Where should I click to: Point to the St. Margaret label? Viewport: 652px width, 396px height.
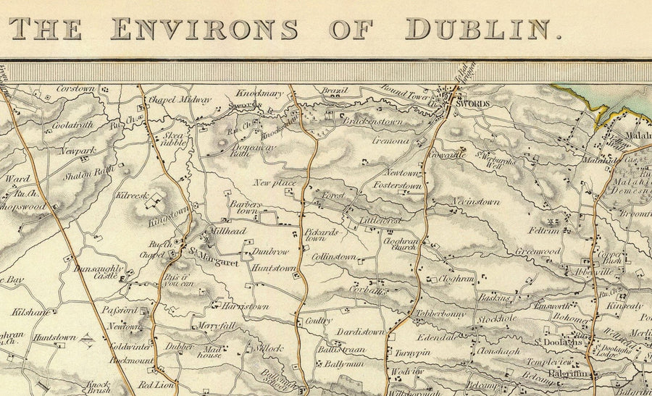pos(214,262)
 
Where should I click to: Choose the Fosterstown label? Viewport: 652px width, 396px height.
pos(397,186)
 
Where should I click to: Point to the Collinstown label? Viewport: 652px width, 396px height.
pos(333,257)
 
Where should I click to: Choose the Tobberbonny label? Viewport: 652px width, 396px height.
pos(440,313)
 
